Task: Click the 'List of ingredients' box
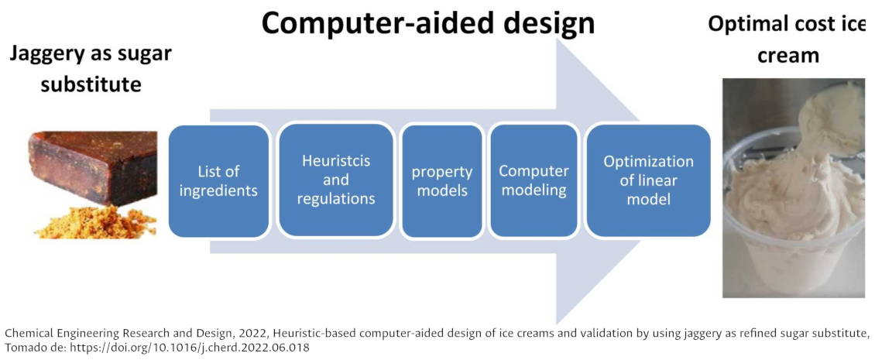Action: [218, 181]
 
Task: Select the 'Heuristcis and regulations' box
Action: [336, 180]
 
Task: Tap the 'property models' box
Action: [442, 181]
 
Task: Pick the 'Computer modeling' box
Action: [534, 180]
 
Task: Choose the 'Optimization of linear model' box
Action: [648, 180]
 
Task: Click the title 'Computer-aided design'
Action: [428, 22]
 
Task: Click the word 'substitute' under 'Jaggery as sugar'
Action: [91, 85]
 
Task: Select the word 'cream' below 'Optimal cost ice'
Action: [787, 55]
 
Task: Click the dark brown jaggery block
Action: [92, 167]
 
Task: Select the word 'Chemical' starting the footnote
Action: [22, 334]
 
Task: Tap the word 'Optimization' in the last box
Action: [648, 162]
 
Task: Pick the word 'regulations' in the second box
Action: [336, 199]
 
